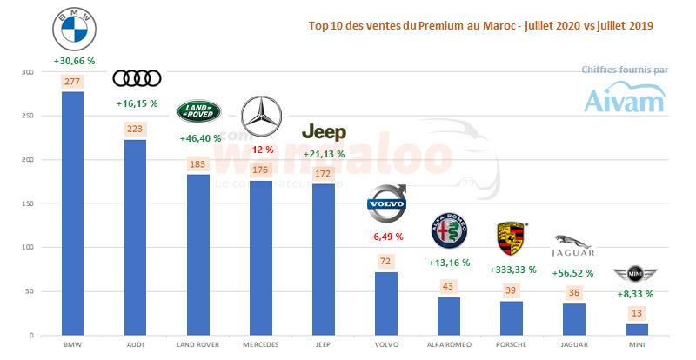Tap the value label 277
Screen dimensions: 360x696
point(73,82)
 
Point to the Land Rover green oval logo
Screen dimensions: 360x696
point(199,111)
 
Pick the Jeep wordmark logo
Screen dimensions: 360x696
point(324,132)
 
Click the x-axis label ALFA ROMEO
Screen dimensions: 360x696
point(449,344)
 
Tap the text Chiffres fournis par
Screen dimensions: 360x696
point(625,70)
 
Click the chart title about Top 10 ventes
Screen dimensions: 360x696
point(481,26)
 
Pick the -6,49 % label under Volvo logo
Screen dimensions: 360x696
point(386,236)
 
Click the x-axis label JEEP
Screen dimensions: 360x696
point(324,344)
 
